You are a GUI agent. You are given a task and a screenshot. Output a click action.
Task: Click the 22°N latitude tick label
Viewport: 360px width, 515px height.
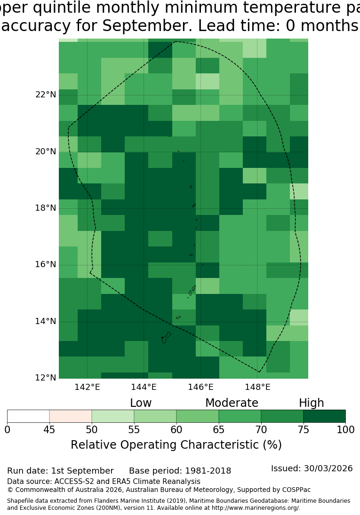(x=46, y=95)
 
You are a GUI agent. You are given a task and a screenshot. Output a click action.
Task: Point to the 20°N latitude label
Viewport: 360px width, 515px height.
(x=46, y=151)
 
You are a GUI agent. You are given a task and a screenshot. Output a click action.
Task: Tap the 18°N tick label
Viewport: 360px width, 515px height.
(x=46, y=208)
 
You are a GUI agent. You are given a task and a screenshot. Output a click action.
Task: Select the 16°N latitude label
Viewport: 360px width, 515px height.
(x=46, y=264)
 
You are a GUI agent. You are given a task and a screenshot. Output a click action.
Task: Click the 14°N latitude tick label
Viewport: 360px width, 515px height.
(x=46, y=321)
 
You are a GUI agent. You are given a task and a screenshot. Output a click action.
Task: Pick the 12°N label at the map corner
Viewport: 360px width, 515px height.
(x=46, y=378)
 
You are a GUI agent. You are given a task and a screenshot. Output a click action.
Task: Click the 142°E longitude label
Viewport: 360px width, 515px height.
(x=87, y=387)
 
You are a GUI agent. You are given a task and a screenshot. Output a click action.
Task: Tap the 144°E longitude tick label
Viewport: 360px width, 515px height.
(x=144, y=387)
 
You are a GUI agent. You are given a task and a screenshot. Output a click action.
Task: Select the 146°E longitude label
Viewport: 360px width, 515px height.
(x=200, y=387)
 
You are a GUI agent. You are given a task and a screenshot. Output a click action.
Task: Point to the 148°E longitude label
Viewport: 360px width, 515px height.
(x=257, y=387)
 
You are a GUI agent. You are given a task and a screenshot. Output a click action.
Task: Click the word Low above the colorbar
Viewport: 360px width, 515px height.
(x=141, y=403)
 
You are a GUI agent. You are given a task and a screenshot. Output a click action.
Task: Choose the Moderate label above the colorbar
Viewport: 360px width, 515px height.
(x=232, y=403)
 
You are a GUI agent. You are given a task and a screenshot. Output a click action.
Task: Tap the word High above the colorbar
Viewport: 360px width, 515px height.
(x=312, y=404)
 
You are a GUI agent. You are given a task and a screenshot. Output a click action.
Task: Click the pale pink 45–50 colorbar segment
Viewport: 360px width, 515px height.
(x=71, y=416)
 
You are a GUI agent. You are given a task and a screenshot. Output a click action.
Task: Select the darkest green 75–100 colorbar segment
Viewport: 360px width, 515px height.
(x=325, y=416)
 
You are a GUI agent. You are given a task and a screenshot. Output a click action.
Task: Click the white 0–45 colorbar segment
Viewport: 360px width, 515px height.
(x=28, y=416)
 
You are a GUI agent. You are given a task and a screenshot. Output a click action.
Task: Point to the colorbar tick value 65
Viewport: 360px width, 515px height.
(x=219, y=429)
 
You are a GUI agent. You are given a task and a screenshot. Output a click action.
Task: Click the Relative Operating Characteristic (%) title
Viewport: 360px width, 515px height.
(x=176, y=445)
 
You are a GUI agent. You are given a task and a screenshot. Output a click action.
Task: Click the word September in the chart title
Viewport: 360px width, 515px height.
(x=147, y=25)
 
